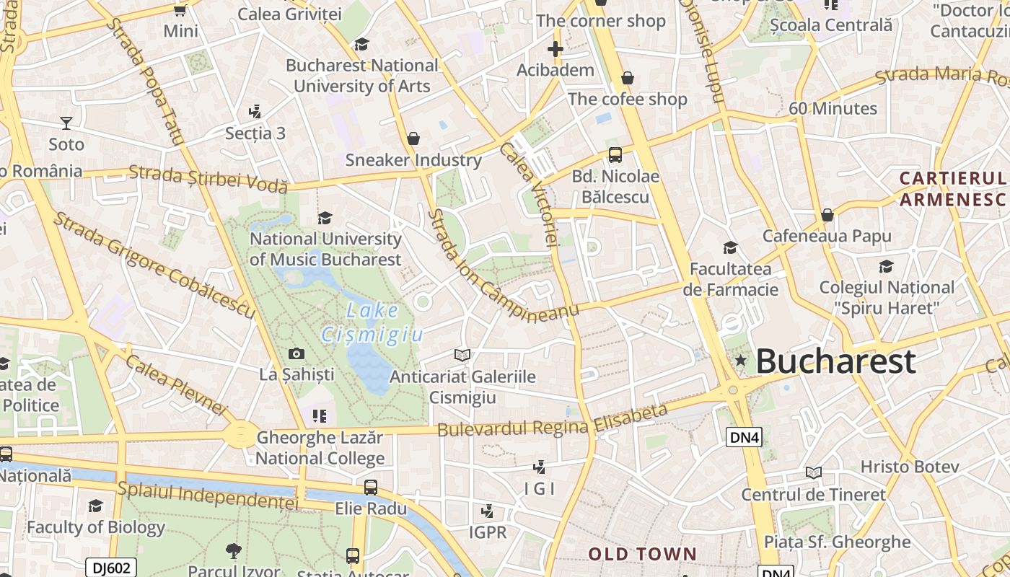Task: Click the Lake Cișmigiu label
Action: pyautogui.click(x=372, y=322)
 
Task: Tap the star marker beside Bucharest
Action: pyautogui.click(x=740, y=360)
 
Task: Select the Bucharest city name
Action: pyautogui.click(x=836, y=361)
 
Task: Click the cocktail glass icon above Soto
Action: pyautogui.click(x=66, y=123)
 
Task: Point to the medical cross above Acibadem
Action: pyautogui.click(x=555, y=49)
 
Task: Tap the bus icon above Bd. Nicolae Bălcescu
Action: pyautogui.click(x=615, y=154)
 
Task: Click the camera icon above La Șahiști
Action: pyautogui.click(x=297, y=353)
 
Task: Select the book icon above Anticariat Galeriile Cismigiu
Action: pyautogui.click(x=462, y=355)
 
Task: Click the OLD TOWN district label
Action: pyautogui.click(x=642, y=554)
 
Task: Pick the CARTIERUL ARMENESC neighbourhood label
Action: pyautogui.click(x=953, y=188)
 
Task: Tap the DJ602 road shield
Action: pyautogui.click(x=110, y=568)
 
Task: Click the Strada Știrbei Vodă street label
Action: pyautogui.click(x=208, y=178)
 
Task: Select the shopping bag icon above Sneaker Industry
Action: pyautogui.click(x=413, y=138)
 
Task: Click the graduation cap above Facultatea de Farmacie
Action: pyautogui.click(x=730, y=247)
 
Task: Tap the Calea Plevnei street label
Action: pyautogui.click(x=176, y=384)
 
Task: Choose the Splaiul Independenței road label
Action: pyautogui.click(x=207, y=495)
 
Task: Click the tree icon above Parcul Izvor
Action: pyautogui.click(x=233, y=551)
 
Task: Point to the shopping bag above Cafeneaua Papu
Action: pyautogui.click(x=827, y=215)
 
